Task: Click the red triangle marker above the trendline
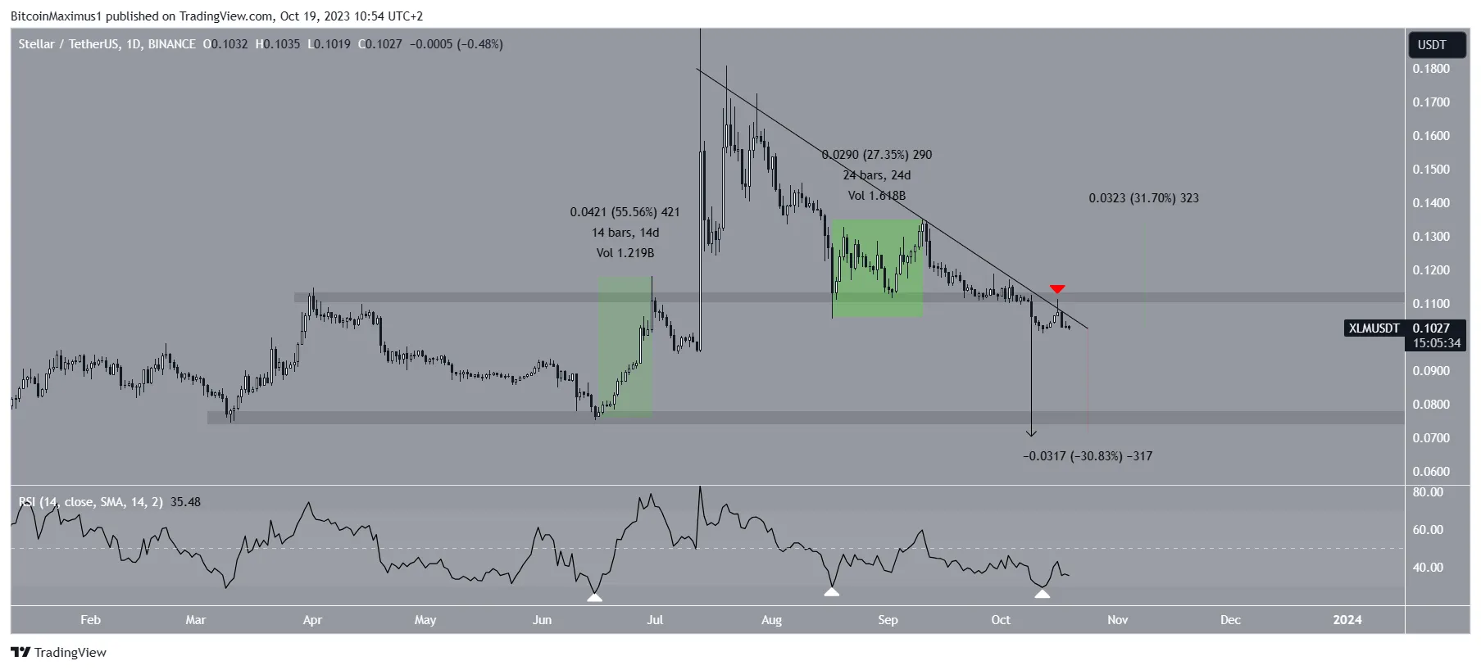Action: tap(1057, 289)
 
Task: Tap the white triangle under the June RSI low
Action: tap(595, 597)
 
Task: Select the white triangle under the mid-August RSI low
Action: tap(832, 591)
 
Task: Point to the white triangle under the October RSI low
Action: tap(1042, 593)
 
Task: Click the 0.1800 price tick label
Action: tap(1431, 69)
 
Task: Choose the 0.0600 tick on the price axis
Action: tap(1431, 472)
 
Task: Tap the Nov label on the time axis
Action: tap(1117, 620)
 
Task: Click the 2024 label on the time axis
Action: tap(1347, 620)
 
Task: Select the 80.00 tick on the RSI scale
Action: tap(1428, 492)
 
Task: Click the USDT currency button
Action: tap(1433, 45)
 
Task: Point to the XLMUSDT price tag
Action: tap(1374, 328)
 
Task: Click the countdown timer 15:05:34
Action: tap(1437, 343)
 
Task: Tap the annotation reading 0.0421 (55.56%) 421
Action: tap(625, 212)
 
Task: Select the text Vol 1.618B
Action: tap(877, 196)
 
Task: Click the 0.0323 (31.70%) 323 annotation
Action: tap(1143, 198)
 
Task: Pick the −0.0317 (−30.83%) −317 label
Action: tap(1088, 456)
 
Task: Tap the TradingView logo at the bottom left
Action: tap(59, 653)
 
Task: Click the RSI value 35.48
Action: tap(185, 502)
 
